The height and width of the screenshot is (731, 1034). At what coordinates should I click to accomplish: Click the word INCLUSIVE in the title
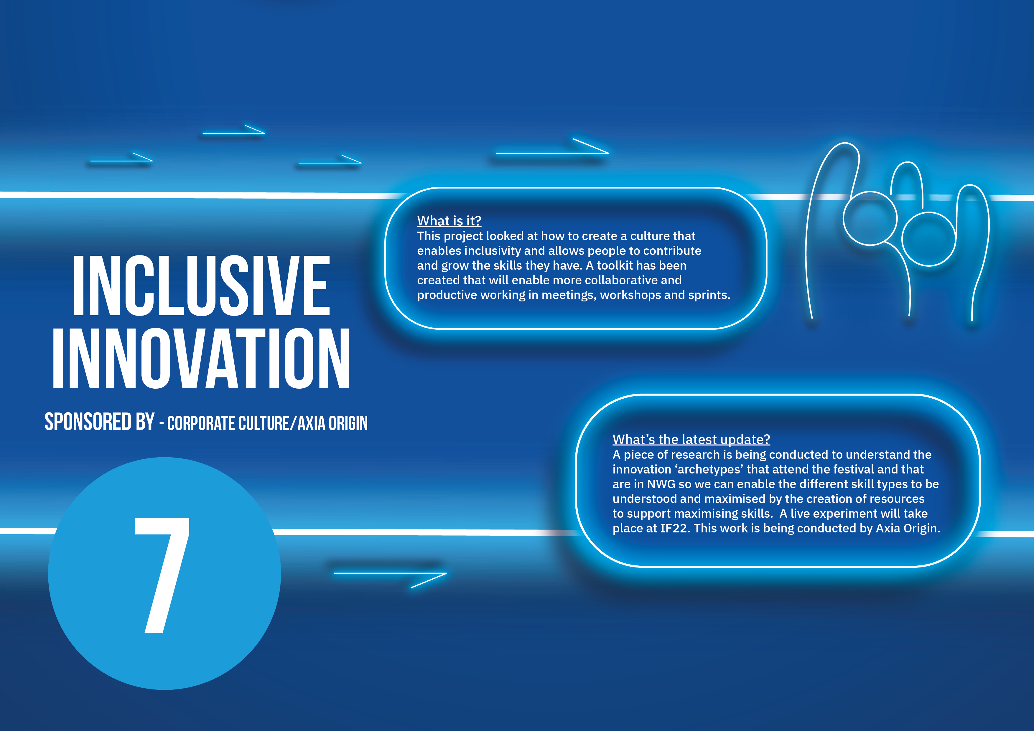point(201,286)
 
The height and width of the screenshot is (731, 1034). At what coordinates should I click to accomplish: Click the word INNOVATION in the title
point(201,358)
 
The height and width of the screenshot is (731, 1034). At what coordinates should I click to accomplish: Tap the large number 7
point(162,575)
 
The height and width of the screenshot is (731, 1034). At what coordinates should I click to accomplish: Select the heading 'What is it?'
point(449,221)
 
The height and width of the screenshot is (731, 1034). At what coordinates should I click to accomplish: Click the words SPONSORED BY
point(100,422)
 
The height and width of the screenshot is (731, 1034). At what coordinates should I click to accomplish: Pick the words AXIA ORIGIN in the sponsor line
point(333,423)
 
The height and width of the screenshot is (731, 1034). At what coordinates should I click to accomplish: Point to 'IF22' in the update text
point(675,528)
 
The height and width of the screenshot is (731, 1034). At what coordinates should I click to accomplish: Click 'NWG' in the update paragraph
point(661,484)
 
